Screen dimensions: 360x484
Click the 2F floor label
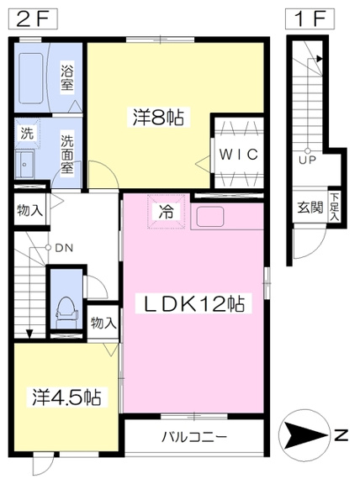33,19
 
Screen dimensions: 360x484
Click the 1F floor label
310,19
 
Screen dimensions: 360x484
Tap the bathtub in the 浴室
30,78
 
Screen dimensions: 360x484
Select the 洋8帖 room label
158,118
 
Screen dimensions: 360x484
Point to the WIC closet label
238,154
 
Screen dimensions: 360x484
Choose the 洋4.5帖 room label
66,397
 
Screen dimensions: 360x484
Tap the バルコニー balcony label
194,437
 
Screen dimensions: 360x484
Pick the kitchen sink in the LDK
210,216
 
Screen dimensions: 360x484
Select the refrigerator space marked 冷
167,212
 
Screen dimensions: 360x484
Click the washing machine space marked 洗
27,134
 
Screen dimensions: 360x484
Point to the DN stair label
64,248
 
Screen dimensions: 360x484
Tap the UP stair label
307,160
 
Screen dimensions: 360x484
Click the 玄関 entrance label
310,208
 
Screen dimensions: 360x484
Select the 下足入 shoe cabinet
335,207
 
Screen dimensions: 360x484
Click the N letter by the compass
341,435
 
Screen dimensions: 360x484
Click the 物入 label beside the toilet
103,324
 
